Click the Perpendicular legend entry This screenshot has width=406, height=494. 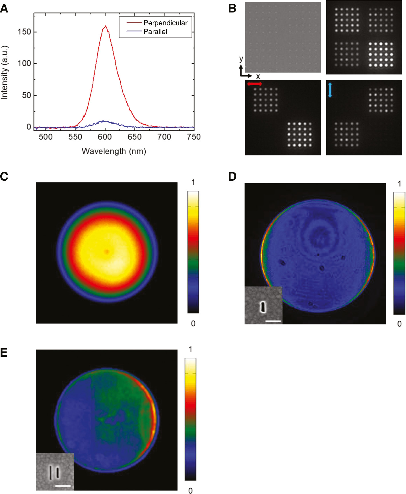(165, 23)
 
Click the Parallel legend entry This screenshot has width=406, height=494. (155, 32)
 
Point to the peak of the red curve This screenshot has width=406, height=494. (106, 26)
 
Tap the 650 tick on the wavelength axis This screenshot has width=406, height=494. (135, 137)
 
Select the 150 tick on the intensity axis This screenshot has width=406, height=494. (24, 32)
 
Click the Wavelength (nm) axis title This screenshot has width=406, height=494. (114, 151)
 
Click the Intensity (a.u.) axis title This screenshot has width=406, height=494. (4, 72)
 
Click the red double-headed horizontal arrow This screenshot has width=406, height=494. (254, 84)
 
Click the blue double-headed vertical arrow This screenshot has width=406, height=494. (330, 90)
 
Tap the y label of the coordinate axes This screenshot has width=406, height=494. (241, 59)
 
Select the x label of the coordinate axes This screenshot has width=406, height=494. (258, 76)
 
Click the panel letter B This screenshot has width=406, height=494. (232, 9)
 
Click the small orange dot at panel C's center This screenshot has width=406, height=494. (107, 251)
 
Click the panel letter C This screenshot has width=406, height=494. (4, 176)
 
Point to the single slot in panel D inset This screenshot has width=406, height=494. (262, 307)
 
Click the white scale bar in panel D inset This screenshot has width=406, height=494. (273, 321)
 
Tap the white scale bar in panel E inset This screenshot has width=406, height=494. (63, 485)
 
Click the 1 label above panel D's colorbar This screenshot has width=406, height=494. (399, 184)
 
